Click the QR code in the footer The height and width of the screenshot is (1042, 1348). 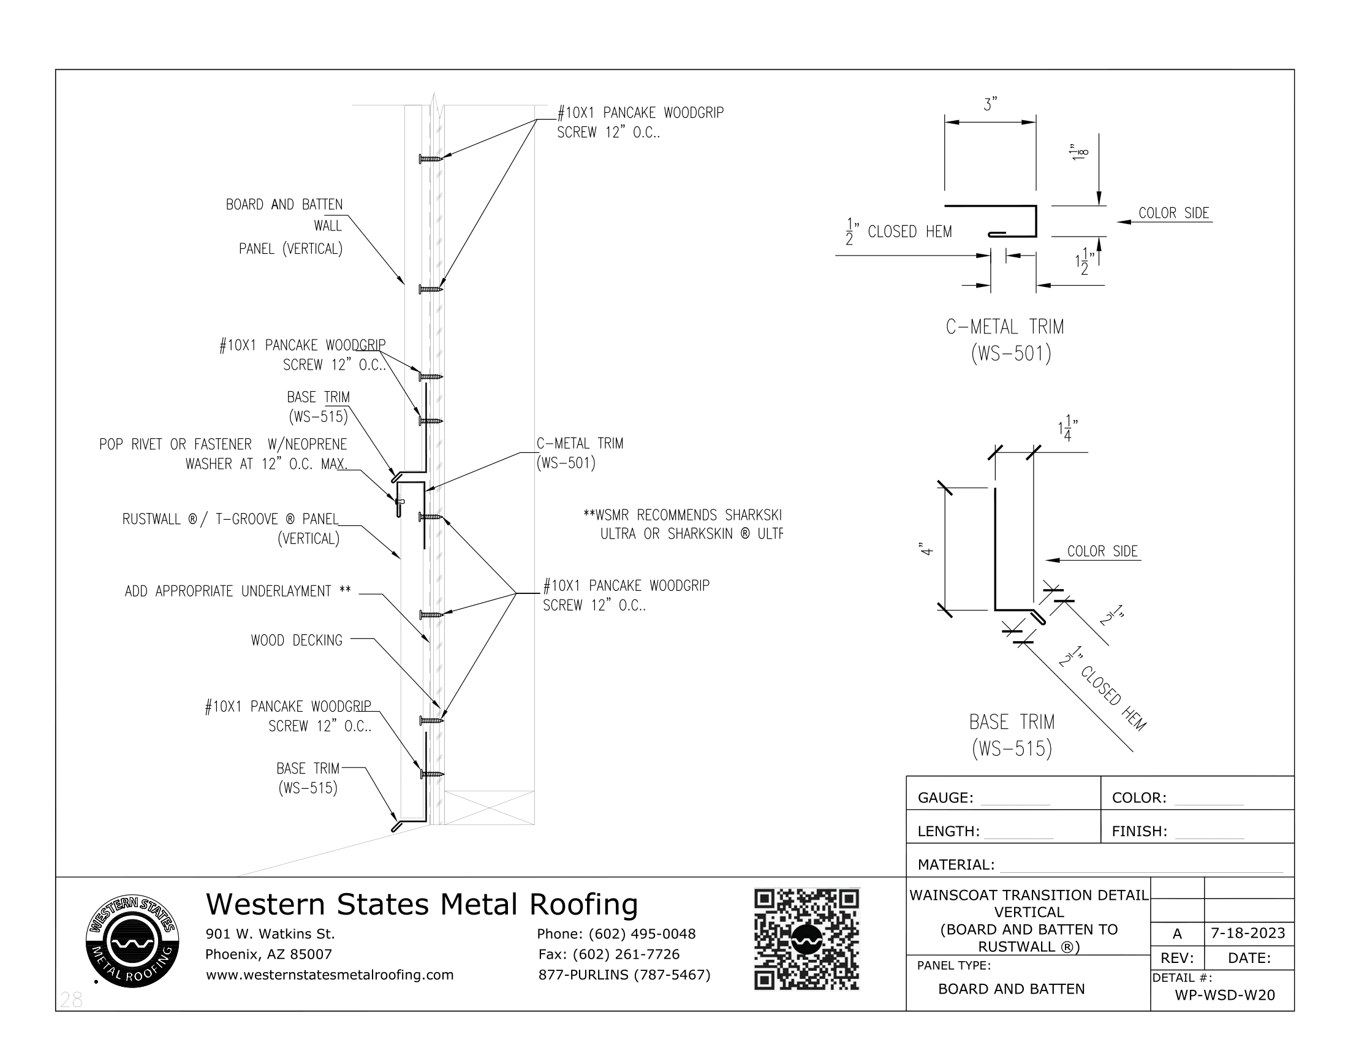click(x=806, y=940)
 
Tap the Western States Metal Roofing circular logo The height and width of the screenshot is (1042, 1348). click(x=133, y=941)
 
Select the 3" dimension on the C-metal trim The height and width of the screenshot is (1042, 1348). click(x=990, y=105)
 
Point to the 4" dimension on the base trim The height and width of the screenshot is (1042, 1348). click(x=926, y=549)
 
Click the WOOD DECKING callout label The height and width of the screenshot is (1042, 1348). click(x=297, y=640)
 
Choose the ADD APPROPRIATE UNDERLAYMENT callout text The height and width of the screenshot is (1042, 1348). click(x=238, y=591)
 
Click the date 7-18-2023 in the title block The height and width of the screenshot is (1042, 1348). click(x=1248, y=933)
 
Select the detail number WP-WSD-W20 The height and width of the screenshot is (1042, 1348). click(x=1225, y=995)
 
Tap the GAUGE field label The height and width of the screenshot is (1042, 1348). click(x=945, y=797)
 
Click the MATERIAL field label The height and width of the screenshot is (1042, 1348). click(x=955, y=864)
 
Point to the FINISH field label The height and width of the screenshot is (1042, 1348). click(x=1139, y=831)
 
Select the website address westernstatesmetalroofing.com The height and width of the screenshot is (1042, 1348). click(x=330, y=975)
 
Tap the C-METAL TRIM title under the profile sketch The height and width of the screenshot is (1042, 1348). click(x=1005, y=327)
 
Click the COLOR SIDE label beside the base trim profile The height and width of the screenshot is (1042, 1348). click(x=1102, y=551)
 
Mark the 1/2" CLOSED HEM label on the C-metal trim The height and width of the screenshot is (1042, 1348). click(x=899, y=232)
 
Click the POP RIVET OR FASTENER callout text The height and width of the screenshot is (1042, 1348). click(x=223, y=454)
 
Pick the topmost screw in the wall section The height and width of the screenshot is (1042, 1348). click(x=431, y=159)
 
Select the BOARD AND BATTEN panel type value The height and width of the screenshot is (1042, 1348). click(x=1011, y=989)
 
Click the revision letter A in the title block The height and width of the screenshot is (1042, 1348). click(x=1177, y=934)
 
